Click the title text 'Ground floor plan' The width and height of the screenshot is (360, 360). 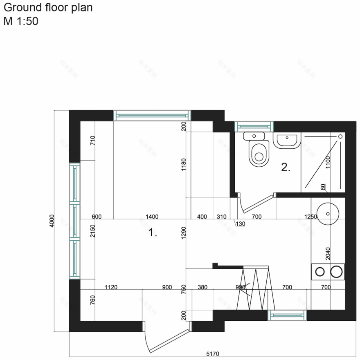pos(48,8)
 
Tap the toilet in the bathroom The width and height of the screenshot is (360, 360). pos(259,152)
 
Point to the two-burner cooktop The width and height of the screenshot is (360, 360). pos(328,272)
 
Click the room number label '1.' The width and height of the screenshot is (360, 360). pos(153,233)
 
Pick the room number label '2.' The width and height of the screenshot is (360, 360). pos(285,167)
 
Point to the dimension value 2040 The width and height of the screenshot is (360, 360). pos(327,253)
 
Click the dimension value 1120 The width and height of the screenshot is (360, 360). pos(111,287)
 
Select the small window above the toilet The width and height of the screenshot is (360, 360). pos(254,127)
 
